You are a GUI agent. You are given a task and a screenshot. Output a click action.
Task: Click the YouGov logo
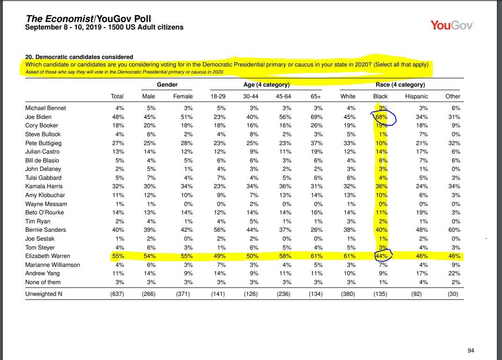[x=451, y=25]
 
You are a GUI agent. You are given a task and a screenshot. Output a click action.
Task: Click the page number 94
[x=471, y=351]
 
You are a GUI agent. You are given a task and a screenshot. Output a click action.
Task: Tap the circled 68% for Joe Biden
[x=381, y=117]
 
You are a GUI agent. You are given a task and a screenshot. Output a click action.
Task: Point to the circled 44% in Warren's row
[x=381, y=256]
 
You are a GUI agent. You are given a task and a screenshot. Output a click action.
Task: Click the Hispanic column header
[x=416, y=96]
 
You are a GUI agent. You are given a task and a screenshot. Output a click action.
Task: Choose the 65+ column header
[x=317, y=96]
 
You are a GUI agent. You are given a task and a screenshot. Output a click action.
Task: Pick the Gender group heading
[x=167, y=85]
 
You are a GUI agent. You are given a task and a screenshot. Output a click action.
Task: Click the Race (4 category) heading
[x=400, y=85]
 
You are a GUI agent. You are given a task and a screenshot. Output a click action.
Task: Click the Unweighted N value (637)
[x=116, y=294]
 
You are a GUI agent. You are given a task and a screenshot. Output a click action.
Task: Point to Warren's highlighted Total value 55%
[x=117, y=256]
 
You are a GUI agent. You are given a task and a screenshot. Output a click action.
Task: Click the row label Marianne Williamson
[x=52, y=265]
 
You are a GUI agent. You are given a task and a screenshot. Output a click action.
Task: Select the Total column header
[x=117, y=96]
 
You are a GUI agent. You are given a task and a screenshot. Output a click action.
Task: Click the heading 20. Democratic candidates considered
[x=79, y=57]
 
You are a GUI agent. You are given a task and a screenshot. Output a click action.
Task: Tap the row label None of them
[x=43, y=282]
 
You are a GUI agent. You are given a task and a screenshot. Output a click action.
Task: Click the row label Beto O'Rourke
[x=44, y=213]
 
